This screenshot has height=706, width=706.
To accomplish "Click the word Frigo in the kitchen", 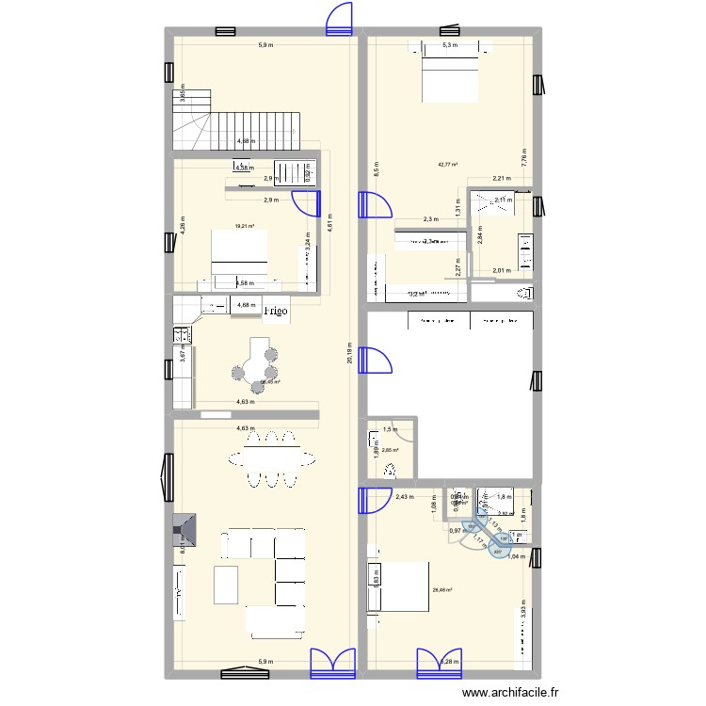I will (x=276, y=310).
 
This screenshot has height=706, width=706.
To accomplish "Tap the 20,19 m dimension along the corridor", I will (x=349, y=358).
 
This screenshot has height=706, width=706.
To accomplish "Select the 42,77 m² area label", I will (x=447, y=165).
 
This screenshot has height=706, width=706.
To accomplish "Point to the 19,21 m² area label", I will (x=246, y=226).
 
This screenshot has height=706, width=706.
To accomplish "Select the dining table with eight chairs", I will (x=270, y=458).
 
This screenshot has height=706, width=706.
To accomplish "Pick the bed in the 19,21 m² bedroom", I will (x=241, y=255).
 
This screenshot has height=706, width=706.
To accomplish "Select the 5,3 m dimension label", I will (x=450, y=45).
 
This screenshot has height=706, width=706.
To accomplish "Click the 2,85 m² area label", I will (x=390, y=450).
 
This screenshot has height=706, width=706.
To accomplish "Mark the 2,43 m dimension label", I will (x=404, y=496).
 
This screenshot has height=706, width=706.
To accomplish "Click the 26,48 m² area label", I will (x=441, y=590).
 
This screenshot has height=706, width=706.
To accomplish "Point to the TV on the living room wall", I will (x=179, y=590).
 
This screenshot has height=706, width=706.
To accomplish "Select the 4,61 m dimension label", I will (x=330, y=226).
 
